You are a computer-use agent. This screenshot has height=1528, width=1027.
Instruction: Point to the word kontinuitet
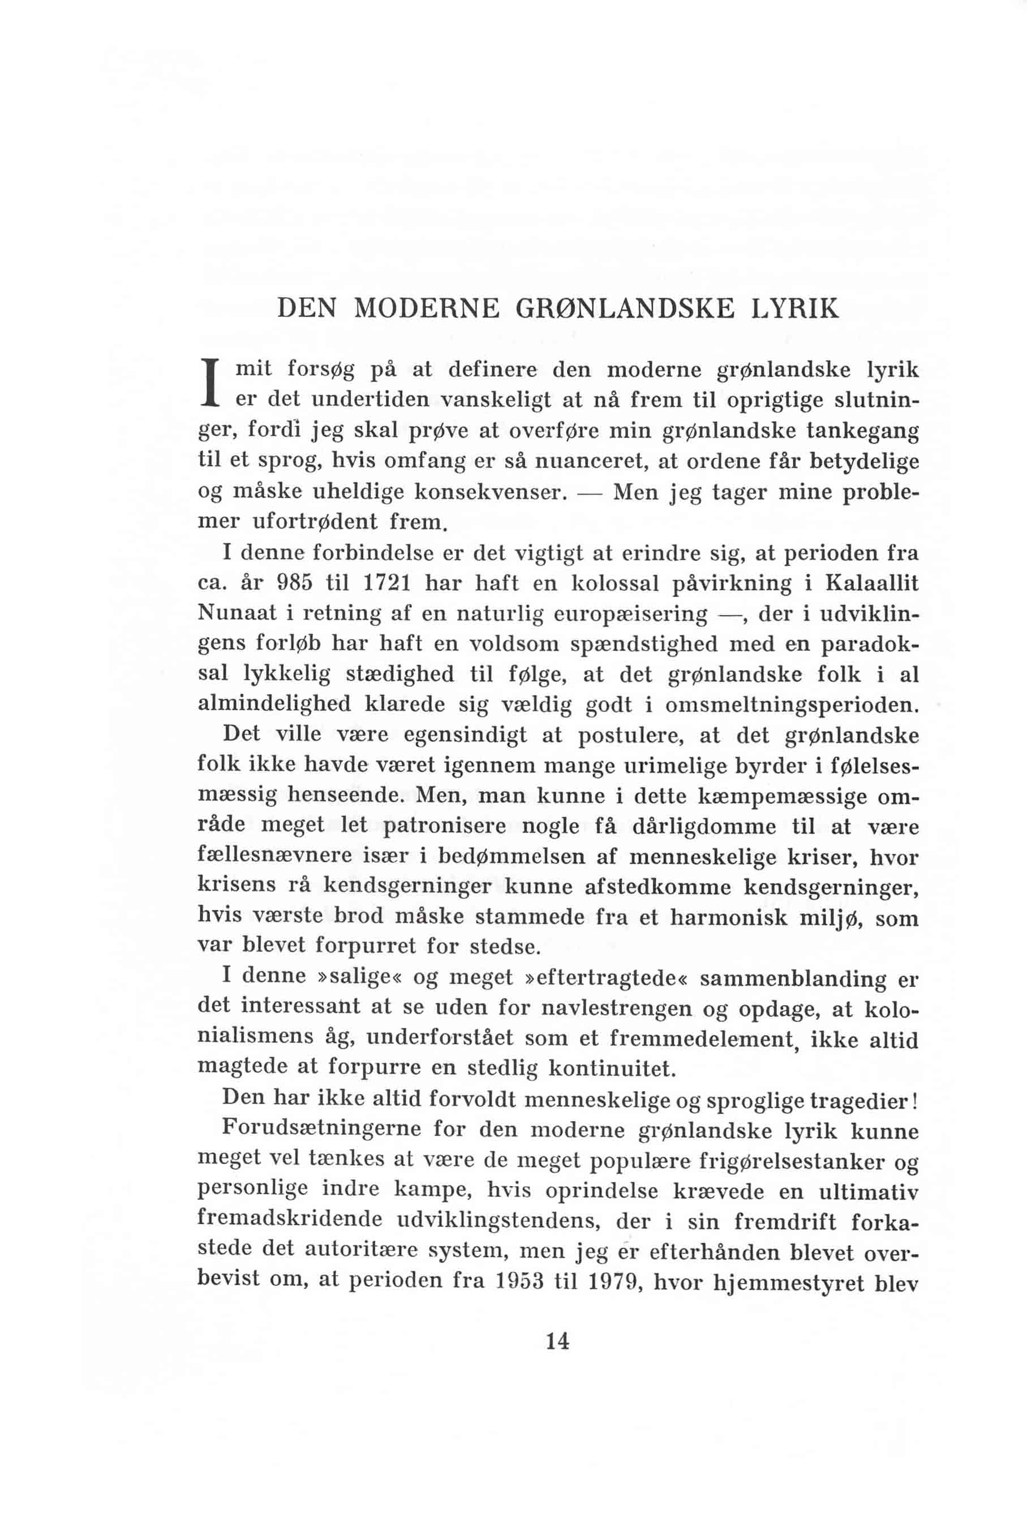611,1069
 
